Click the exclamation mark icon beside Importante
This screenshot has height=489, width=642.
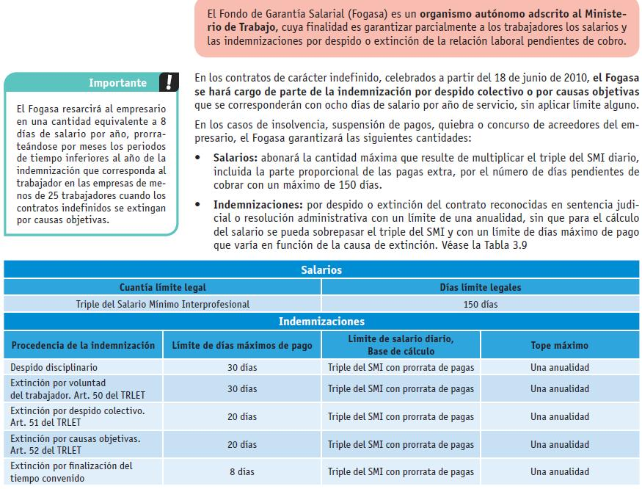pyautogui.click(x=170, y=81)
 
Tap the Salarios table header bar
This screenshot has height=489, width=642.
pyautogui.click(x=321, y=270)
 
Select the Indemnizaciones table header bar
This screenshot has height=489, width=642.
pyautogui.click(x=321, y=322)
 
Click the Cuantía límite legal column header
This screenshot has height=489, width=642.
pyautogui.click(x=163, y=287)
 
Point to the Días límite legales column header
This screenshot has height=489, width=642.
pyautogui.click(x=480, y=287)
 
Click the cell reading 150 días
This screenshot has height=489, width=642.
pyautogui.click(x=480, y=304)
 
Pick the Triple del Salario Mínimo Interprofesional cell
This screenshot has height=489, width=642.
pyautogui.click(x=163, y=304)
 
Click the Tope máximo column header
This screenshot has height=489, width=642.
pyautogui.click(x=559, y=345)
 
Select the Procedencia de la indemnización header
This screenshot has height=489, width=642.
pyautogui.click(x=83, y=345)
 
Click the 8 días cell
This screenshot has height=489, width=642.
pyautogui.click(x=242, y=472)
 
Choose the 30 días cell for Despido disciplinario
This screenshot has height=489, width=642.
pyautogui.click(x=242, y=367)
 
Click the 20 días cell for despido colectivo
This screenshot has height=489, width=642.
pyautogui.click(x=242, y=416)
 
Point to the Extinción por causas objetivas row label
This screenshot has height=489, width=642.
pyautogui.click(x=76, y=438)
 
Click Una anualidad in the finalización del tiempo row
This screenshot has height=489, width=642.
pyautogui.click(x=559, y=472)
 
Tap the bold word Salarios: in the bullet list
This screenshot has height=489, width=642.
pyautogui.click(x=236, y=158)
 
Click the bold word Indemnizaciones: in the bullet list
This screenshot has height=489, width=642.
pyautogui.click(x=256, y=205)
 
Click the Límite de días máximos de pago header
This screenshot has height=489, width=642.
pyautogui.click(x=242, y=345)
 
